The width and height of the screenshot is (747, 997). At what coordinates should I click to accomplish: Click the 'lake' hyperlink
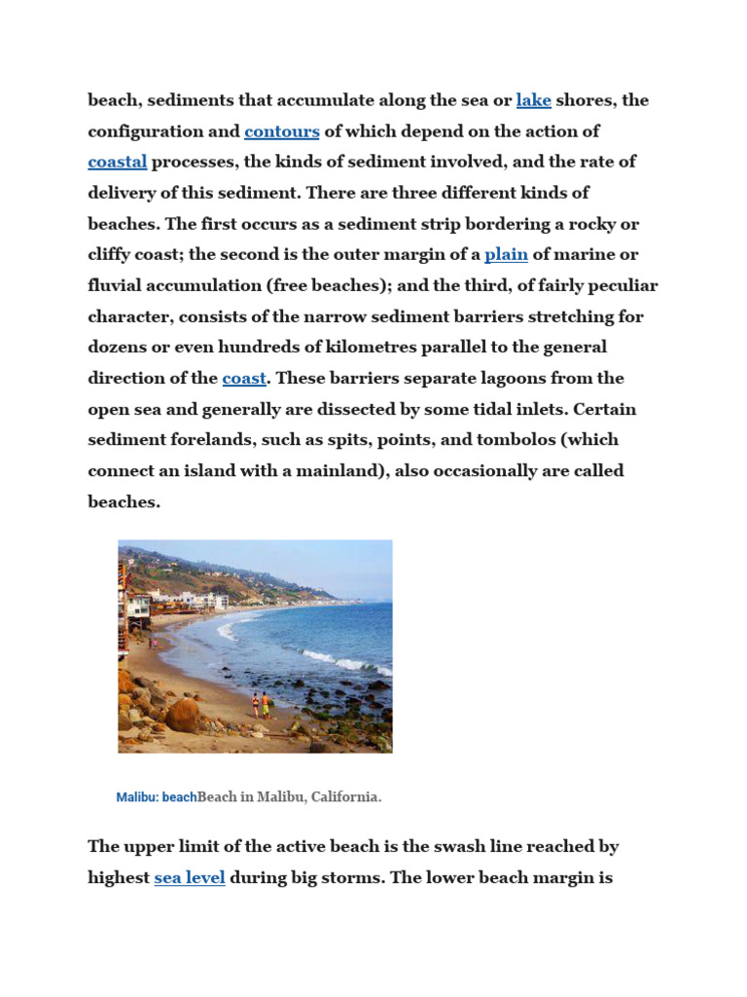coord(533,100)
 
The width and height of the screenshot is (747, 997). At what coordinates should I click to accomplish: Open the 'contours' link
coord(282,131)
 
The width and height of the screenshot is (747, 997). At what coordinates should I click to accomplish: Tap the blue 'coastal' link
coord(118,162)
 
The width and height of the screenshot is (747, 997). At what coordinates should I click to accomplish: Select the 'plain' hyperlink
coord(506,255)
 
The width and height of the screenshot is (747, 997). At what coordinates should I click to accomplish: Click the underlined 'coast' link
coord(244,379)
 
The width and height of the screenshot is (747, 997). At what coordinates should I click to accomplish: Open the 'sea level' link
coord(190,877)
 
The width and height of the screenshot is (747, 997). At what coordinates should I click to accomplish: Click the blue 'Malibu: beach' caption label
coord(156,797)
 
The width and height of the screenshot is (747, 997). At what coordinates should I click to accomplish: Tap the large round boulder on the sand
coord(183,715)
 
